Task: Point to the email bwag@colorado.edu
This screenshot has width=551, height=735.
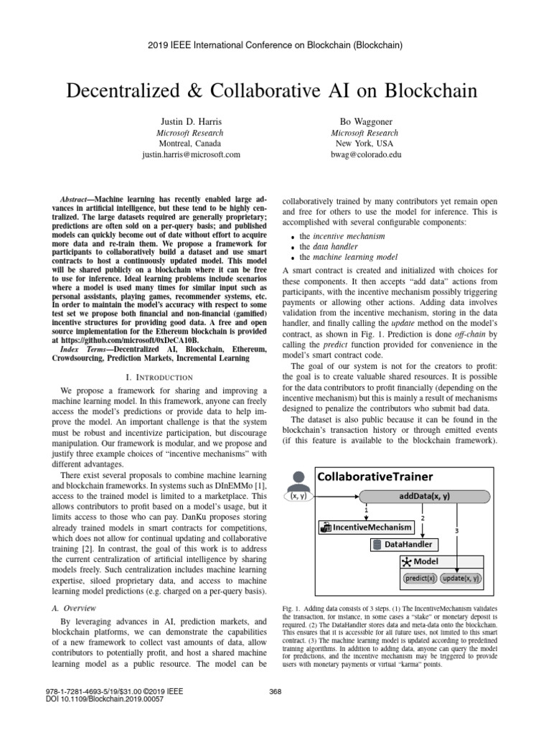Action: tap(361, 154)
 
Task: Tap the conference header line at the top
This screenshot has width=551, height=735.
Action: tap(275, 45)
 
